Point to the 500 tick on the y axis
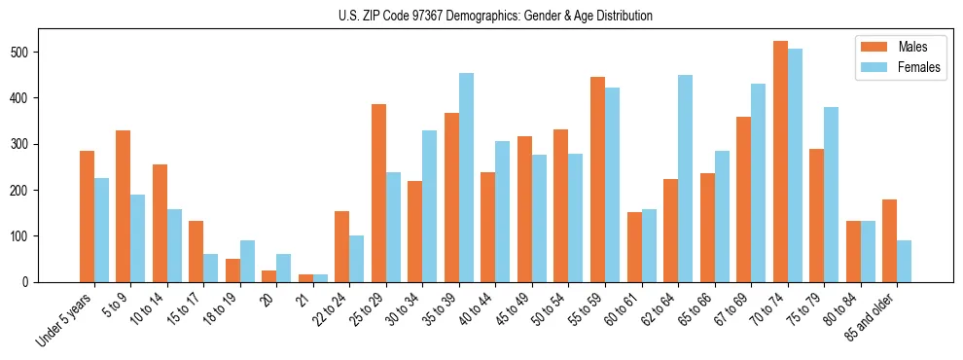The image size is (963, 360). coord(36,52)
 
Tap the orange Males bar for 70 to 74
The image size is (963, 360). coord(780,162)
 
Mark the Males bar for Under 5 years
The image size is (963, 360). coord(87,216)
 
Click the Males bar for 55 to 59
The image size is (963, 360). coord(597,179)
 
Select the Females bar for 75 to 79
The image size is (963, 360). coord(831,195)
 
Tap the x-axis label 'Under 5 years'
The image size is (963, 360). coord(65,319)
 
